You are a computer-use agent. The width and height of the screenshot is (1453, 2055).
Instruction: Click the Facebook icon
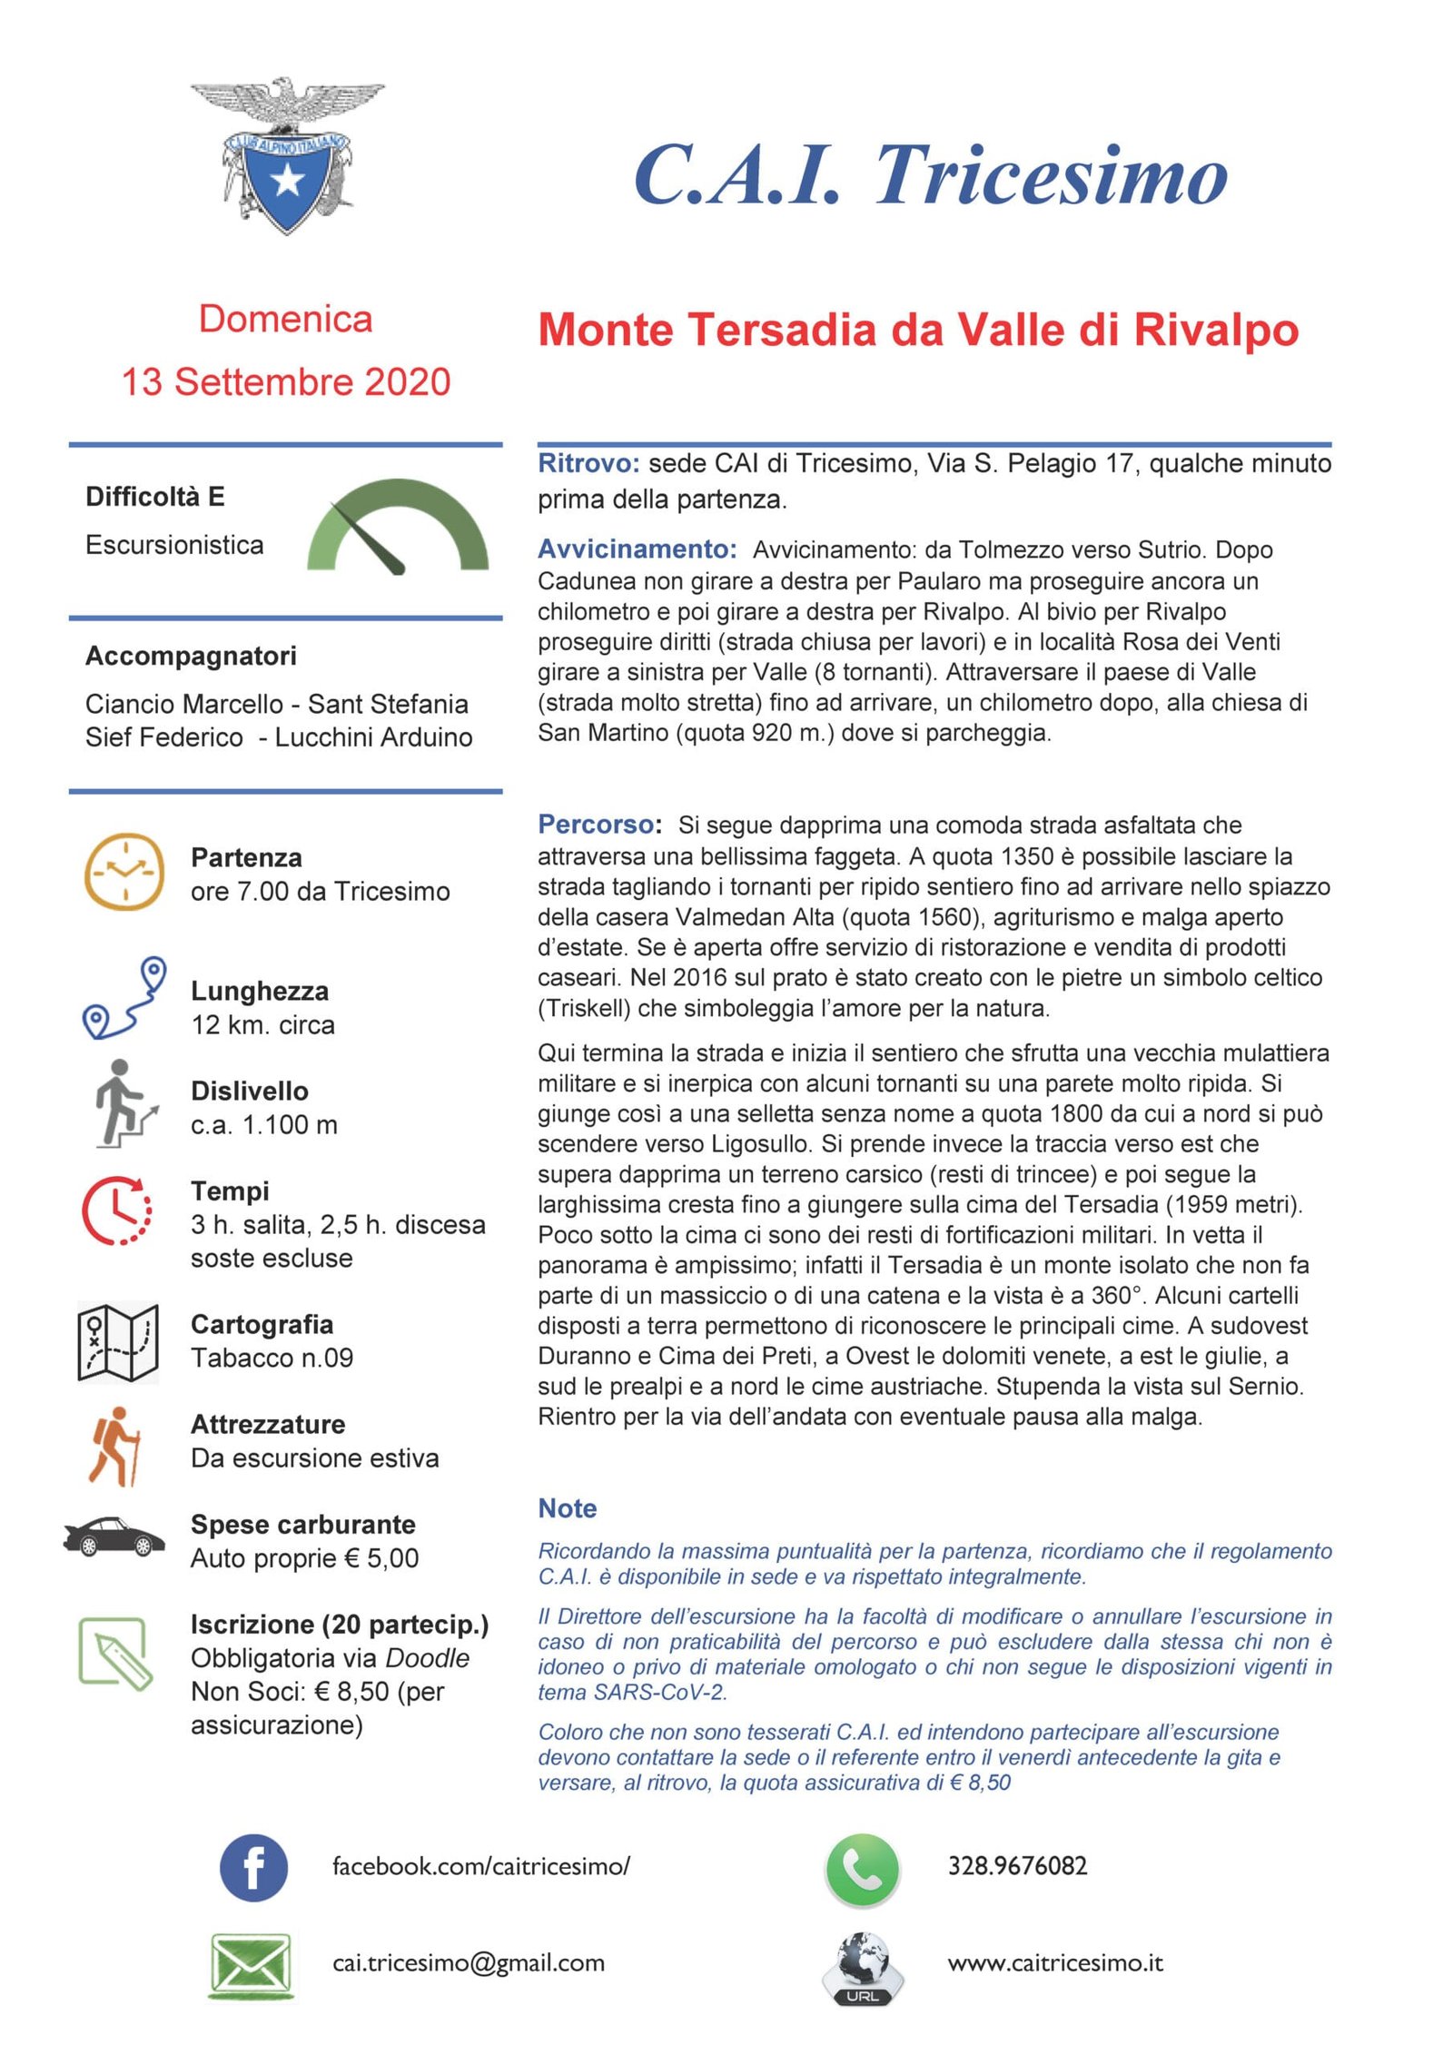coord(253,1867)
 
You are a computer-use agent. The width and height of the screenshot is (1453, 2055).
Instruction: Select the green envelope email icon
coord(250,1965)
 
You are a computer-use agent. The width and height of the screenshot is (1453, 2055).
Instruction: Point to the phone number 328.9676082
coord(1017,1866)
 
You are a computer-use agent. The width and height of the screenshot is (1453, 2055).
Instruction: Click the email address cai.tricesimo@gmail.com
coord(468,1963)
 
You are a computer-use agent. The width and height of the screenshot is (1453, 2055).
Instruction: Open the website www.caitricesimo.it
coord(1054,1963)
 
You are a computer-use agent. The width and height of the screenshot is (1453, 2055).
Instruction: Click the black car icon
coord(114,1536)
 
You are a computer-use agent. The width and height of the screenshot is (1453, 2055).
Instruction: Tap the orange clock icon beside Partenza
coord(124,871)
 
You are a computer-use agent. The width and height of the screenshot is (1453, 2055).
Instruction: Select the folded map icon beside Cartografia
coord(118,1342)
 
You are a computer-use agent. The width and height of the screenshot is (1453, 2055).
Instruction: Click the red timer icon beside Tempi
coord(117,1210)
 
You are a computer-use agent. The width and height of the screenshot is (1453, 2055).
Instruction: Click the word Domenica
coord(285,319)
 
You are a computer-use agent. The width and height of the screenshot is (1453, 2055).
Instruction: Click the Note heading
coord(567,1508)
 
